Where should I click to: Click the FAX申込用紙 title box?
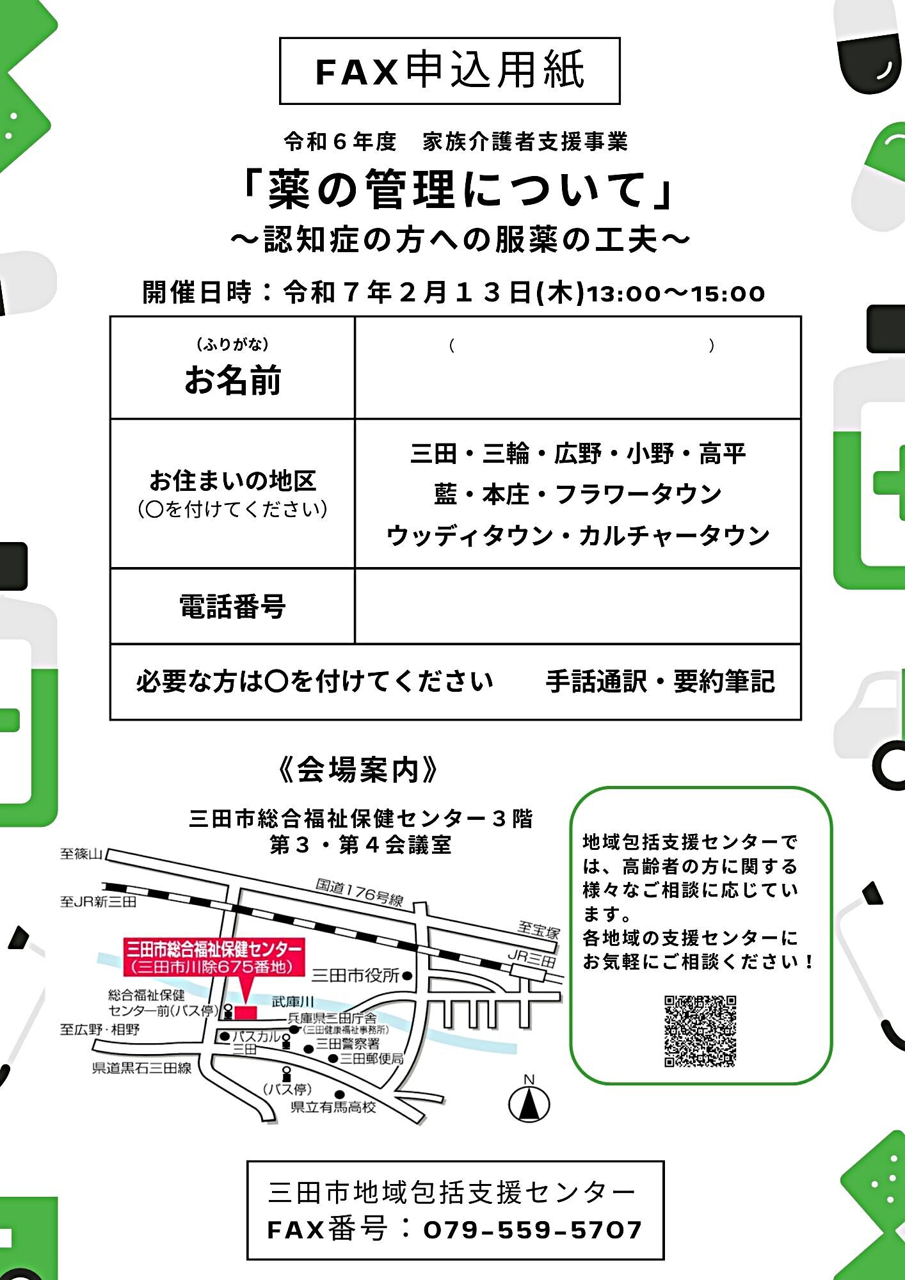coord(450,70)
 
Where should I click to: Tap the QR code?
coord(700,1031)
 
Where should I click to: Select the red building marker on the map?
coord(245,1012)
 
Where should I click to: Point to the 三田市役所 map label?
coord(356,975)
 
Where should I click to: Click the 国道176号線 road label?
coord(360,892)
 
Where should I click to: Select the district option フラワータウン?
coord(638,494)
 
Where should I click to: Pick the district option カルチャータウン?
coord(674,536)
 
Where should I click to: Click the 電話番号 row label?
coord(232,606)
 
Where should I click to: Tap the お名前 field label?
coord(232,380)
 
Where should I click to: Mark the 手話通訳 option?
coord(597,682)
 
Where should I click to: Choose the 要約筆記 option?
coord(724,682)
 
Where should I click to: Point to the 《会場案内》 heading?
coord(358,769)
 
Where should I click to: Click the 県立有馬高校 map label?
coord(333,1107)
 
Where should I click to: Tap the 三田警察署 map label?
coord(348,1044)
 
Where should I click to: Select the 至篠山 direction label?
coord(81,854)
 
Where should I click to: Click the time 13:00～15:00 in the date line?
coord(676,294)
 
